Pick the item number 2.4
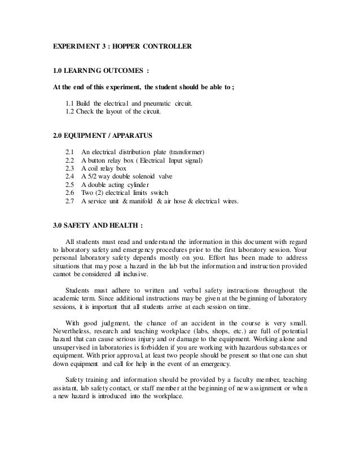click(x=71, y=176)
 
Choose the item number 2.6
click(x=71, y=193)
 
